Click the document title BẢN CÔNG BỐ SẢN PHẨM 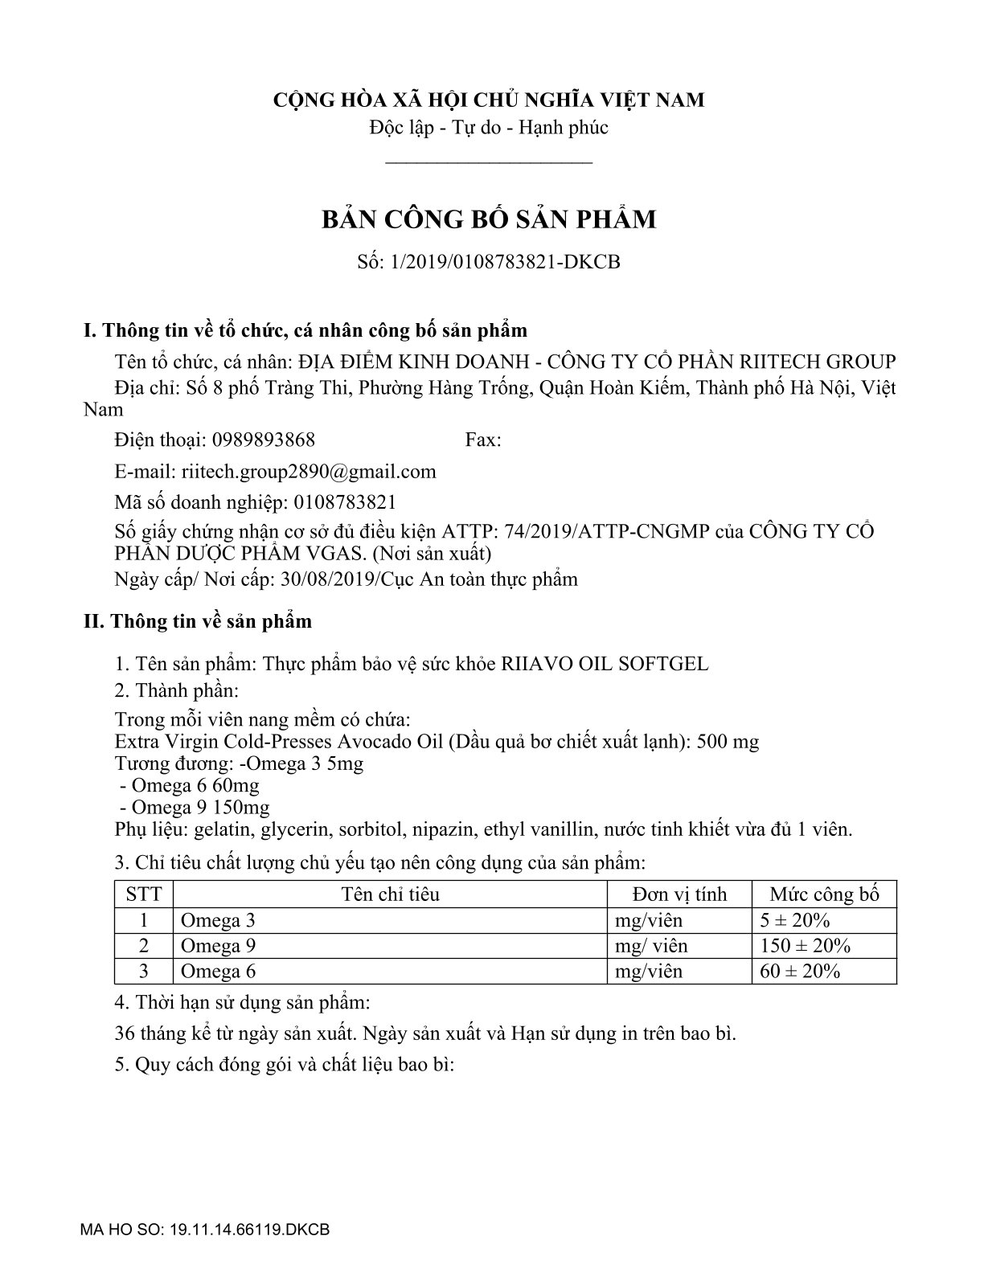[x=489, y=219]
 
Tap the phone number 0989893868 [x=264, y=440]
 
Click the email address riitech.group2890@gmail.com [x=309, y=471]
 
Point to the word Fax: [x=482, y=440]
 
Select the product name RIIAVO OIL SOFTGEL [x=605, y=664]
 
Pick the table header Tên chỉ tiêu [x=390, y=894]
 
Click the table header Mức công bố [x=823, y=894]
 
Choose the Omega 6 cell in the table [x=219, y=972]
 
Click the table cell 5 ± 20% [x=794, y=920]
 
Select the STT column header [x=144, y=894]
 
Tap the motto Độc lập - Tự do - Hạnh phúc [x=489, y=128]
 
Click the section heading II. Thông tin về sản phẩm [x=198, y=621]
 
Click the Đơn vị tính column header [x=679, y=894]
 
